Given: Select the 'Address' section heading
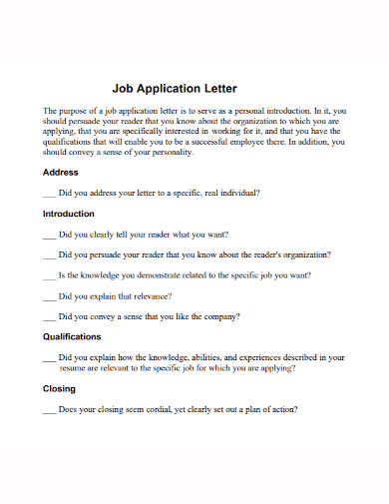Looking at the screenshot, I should pos(61,173).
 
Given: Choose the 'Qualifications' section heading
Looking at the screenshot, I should pos(72,336).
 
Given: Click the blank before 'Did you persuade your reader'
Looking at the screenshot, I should pos(50,254).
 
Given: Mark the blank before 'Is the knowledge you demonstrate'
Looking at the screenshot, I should pos(50,274).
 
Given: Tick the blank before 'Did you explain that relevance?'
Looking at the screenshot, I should pos(50,295).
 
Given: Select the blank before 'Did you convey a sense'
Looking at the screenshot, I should pos(50,316).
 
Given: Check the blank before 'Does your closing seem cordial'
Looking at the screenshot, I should pos(50,409).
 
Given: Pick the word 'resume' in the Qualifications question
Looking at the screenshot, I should pos(59,367).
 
